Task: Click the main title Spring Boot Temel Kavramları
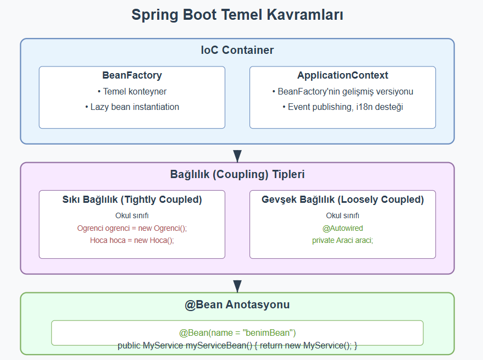237,15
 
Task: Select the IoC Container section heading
237,51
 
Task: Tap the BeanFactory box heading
132,75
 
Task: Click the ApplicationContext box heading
342,75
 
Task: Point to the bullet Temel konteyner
132,91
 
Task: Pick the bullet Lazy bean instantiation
132,107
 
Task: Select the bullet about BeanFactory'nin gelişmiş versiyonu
342,91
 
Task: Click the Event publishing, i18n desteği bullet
342,107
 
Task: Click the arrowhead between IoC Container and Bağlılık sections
237,156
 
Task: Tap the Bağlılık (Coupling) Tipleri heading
237,175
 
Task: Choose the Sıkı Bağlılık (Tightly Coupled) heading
132,200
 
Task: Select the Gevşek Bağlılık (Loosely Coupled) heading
342,200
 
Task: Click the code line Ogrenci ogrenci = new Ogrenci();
132,228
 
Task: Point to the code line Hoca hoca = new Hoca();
132,240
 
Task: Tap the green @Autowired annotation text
342,228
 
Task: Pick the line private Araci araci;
342,240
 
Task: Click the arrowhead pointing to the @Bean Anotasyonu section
237,286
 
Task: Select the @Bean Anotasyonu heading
237,305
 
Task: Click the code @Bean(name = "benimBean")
237,333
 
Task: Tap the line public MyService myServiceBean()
237,345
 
